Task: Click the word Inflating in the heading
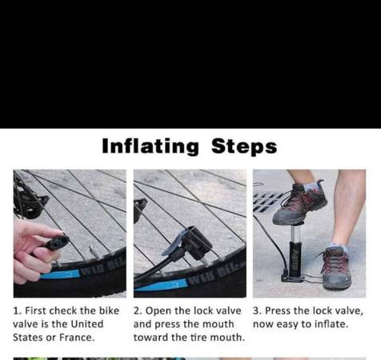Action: pos(150,146)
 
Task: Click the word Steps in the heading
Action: pos(244,146)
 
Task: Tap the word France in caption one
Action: pos(77,338)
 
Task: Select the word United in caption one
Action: pos(87,324)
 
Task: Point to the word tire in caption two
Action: pos(199,338)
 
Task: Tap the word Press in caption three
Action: pos(278,310)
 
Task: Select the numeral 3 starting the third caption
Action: pos(257,311)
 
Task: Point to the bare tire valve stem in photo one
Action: pos(93,251)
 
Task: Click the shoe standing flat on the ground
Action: pos(335,269)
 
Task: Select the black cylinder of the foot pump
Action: pos(295,258)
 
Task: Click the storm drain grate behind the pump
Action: pos(267,202)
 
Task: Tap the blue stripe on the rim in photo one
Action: pos(60,274)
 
